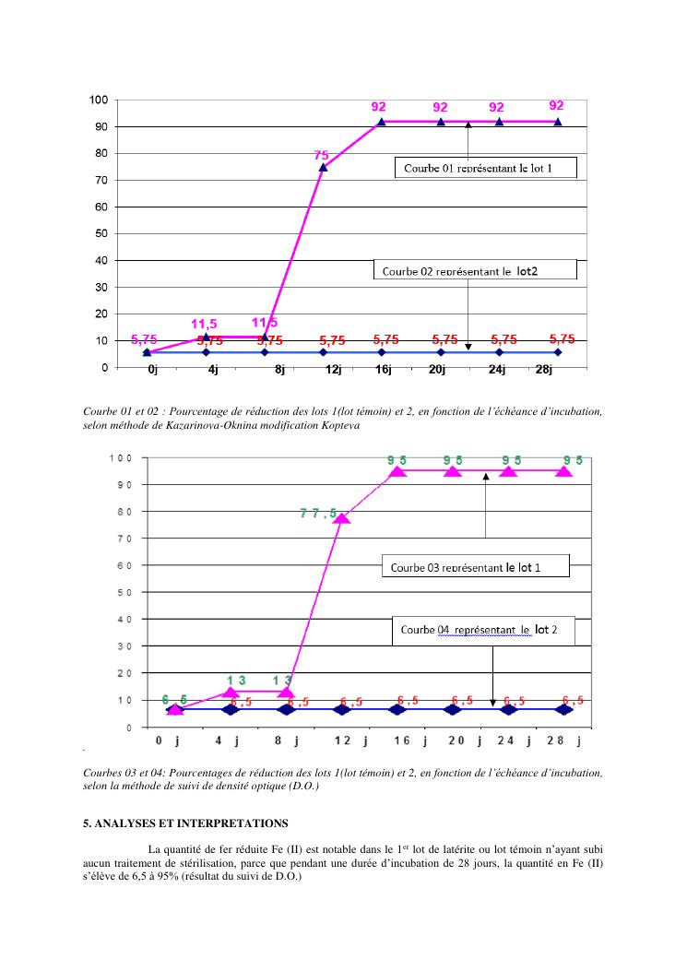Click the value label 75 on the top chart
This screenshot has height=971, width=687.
[x=320, y=156]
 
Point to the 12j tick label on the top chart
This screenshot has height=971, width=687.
[x=333, y=371]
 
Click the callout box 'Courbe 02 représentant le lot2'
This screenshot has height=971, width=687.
[x=475, y=269]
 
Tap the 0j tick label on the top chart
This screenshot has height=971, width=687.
[x=152, y=371]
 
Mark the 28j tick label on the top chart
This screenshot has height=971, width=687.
[x=543, y=371]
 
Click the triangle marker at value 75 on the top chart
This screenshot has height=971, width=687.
[x=323, y=167]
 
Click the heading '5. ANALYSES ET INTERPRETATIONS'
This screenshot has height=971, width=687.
[x=185, y=823]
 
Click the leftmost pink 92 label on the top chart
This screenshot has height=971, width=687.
[x=378, y=107]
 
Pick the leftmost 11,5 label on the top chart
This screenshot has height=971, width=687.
[x=204, y=324]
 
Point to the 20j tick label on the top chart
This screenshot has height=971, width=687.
[x=438, y=371]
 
